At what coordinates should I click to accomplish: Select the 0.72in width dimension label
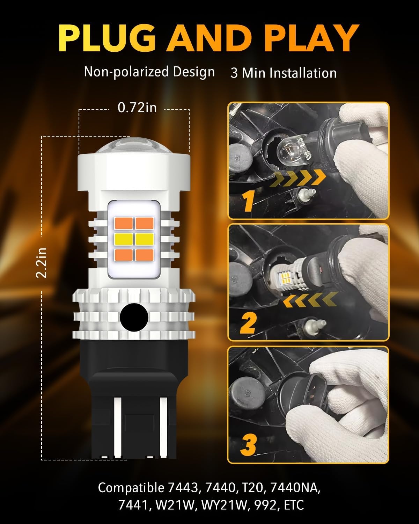(x=137, y=108)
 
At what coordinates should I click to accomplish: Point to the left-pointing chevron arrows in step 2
(x=310, y=299)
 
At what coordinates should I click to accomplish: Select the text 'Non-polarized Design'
(x=149, y=72)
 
